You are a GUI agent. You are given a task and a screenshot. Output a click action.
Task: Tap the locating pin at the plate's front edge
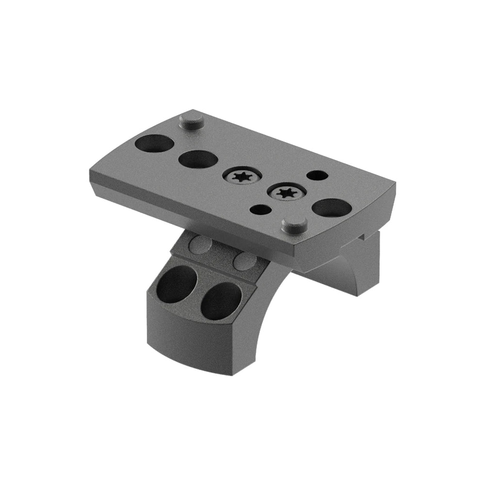click(294, 224)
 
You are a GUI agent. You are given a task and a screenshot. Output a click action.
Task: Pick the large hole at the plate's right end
click(332, 208)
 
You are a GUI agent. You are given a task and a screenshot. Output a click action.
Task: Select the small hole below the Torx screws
click(261, 210)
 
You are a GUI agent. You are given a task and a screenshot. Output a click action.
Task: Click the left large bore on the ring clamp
click(177, 284)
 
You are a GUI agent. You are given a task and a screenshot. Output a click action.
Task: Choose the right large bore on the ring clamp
click(221, 301)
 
